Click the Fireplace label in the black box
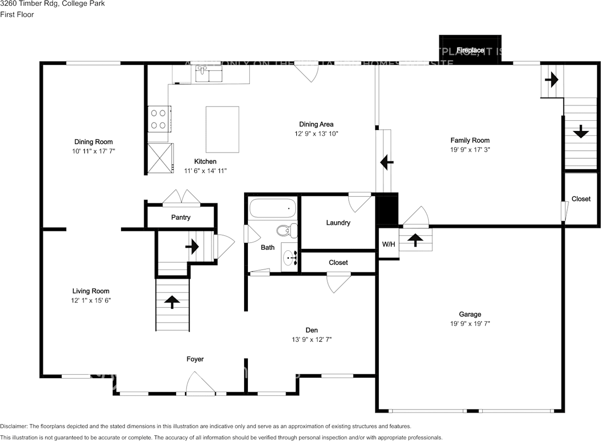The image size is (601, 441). tap(470, 50)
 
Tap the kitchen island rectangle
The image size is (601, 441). tap(222, 129)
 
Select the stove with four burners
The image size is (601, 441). tap(159, 119)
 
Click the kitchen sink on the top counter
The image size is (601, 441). tap(202, 74)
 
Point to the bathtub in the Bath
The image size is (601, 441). tap(272, 208)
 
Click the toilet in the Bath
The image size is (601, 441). tap(287, 230)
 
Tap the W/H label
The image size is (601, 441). tap(388, 244)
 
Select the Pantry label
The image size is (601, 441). tap(181, 217)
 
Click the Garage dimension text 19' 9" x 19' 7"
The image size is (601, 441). tap(470, 324)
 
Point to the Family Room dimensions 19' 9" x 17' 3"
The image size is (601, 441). tap(470, 149)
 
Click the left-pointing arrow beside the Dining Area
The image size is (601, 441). tap(386, 162)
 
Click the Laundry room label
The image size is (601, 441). tap(338, 223)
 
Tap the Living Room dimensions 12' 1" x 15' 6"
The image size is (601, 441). tap(91, 300)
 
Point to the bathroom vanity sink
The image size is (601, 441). tap(289, 257)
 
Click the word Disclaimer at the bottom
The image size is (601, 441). tap(14, 426)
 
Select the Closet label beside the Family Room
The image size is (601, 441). tap(581, 199)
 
